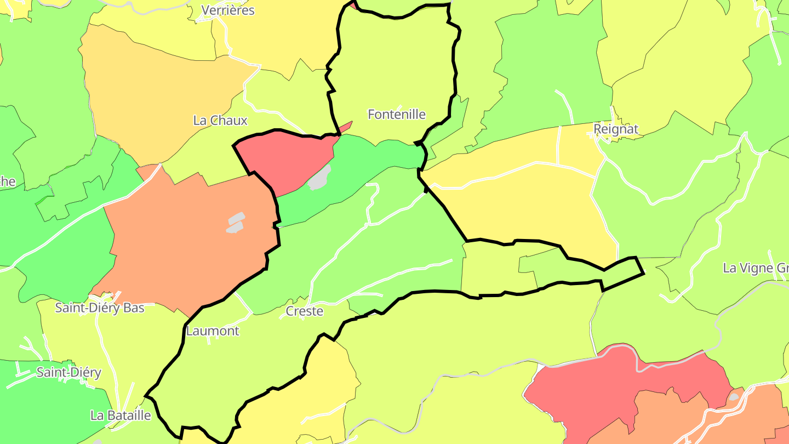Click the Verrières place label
(x=228, y=10)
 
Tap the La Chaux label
(x=220, y=121)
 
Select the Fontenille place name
(x=397, y=115)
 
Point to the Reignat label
(x=616, y=129)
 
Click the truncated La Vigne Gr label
(x=756, y=268)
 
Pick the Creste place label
(x=305, y=311)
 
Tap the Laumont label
(x=213, y=331)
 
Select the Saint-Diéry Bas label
(x=100, y=308)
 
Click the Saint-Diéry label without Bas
(x=68, y=373)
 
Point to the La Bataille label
(x=121, y=415)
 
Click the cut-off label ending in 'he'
(x=8, y=182)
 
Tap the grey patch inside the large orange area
(x=236, y=223)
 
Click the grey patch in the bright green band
(x=320, y=178)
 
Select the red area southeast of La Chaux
(x=279, y=159)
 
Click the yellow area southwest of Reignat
(x=526, y=203)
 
